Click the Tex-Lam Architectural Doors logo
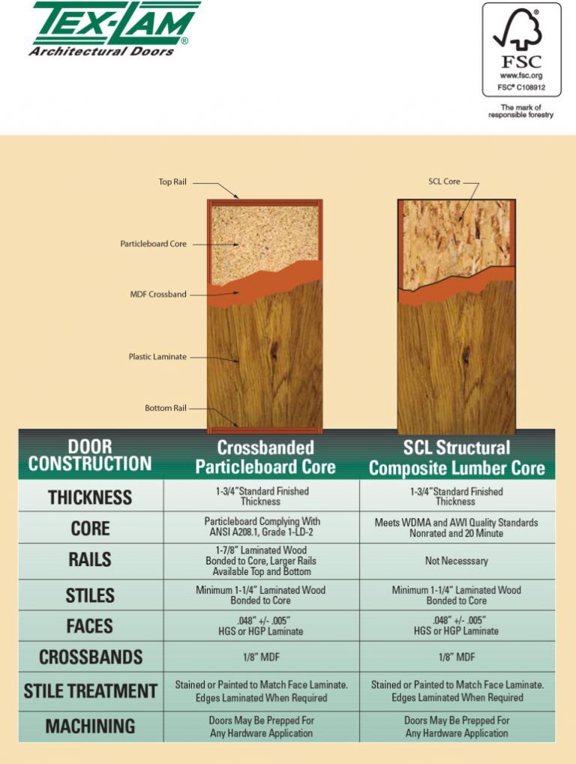pos(115,29)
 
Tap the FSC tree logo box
pos(521,49)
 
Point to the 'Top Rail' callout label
pos(172,181)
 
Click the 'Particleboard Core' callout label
pos(154,244)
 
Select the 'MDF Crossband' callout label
pos(158,295)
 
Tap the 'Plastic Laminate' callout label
pos(157,357)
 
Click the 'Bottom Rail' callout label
pos(166,408)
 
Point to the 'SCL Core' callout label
pos(445,181)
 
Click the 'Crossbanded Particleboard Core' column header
pos(265,457)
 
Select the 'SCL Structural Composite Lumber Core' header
pos(457,457)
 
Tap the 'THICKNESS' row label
pos(90,498)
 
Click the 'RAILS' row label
pos(90,560)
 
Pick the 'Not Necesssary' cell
pos(457,561)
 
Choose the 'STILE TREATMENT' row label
pos(91,691)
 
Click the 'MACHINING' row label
pos(90,726)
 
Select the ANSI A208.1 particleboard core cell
pos(262,527)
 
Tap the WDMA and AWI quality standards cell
pos(457,528)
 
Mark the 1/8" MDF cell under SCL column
pos(457,658)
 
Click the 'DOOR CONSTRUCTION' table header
pos(90,455)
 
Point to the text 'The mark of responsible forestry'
pos(521,111)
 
